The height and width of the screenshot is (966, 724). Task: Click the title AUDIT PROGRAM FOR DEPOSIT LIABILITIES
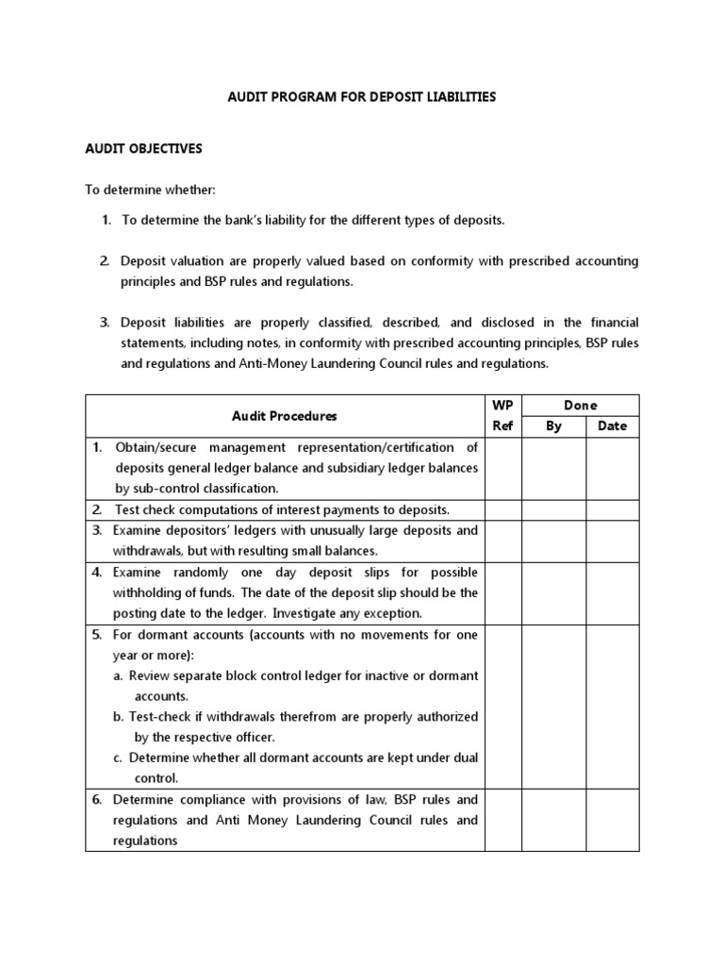(361, 97)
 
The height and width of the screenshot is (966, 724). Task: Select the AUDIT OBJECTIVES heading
(143, 149)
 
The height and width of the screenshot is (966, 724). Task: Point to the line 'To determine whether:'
(151, 190)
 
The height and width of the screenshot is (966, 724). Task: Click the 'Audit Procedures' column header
(284, 415)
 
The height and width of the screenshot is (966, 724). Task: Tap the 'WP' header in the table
(502, 405)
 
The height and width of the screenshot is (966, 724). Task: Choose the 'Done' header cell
(580, 405)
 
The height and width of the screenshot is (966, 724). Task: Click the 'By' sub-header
(553, 425)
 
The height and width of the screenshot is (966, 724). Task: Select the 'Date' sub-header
(612, 425)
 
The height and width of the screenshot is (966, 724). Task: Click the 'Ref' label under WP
(502, 425)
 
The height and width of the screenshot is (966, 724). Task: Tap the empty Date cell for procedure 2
(612, 510)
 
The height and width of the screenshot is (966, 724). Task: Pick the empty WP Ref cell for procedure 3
(502, 541)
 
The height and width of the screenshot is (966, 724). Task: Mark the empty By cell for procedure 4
(553, 592)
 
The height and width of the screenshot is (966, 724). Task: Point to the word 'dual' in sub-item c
(464, 758)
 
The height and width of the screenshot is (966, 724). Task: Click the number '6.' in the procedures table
(97, 800)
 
